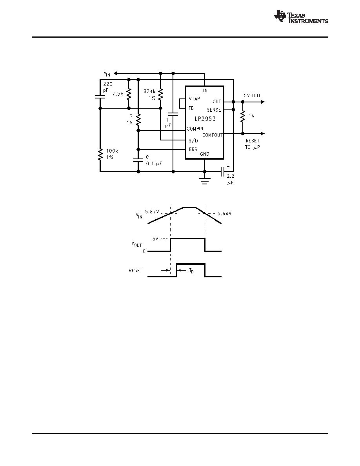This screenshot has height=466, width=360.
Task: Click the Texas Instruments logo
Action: tap(301, 16)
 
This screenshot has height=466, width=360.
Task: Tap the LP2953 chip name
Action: tap(205, 118)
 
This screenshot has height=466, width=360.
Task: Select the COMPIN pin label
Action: tap(195, 129)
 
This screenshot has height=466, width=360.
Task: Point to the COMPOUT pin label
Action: tap(213, 135)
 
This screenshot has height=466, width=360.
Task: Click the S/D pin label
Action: tap(193, 140)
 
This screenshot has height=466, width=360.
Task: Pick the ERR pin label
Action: tap(193, 149)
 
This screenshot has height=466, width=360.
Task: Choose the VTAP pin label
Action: tap(195, 99)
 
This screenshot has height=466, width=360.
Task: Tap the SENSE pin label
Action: tap(214, 110)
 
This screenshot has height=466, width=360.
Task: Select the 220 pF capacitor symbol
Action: tap(100, 96)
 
